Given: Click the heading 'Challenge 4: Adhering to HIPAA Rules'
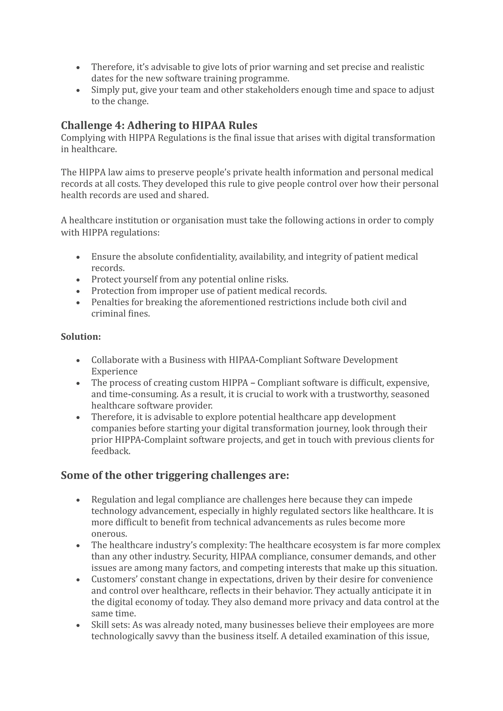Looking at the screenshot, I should [159, 125].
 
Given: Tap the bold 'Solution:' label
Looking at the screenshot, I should [81, 337].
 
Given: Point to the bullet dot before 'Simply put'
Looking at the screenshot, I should [78, 90].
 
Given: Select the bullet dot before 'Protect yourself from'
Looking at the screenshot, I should [78, 280].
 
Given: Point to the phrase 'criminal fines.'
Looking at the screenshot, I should [121, 314].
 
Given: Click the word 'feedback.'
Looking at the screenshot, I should [111, 451].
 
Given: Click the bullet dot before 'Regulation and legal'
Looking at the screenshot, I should [78, 500].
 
